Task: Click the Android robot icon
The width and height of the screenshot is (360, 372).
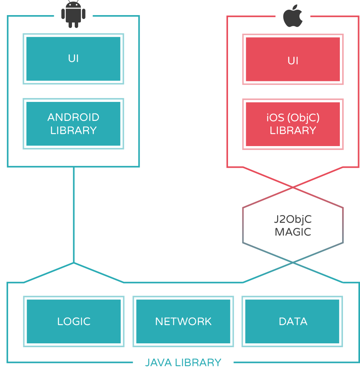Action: (73, 14)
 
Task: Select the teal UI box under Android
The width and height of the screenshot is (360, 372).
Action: (73, 59)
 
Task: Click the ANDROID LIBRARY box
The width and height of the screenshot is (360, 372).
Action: (73, 124)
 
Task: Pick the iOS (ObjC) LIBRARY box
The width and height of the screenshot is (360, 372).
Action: (293, 124)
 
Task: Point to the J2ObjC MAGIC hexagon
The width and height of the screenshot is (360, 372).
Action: (293, 226)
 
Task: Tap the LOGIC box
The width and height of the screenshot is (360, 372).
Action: (74, 321)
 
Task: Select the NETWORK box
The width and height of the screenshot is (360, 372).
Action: (183, 321)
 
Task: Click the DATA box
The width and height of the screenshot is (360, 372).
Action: (293, 321)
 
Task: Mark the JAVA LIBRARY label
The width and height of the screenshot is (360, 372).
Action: (183, 363)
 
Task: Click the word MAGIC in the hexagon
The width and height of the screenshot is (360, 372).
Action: (293, 232)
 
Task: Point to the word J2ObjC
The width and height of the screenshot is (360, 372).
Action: (293, 219)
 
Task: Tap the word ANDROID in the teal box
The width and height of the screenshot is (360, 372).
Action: (73, 117)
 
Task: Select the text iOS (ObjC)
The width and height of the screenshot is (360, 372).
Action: (293, 117)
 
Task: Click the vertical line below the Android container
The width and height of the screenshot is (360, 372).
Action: (74, 213)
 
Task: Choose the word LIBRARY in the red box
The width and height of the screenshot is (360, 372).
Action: (293, 131)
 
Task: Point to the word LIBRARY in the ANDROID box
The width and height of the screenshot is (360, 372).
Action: (73, 130)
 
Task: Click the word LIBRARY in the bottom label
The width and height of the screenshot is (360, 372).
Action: (198, 363)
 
